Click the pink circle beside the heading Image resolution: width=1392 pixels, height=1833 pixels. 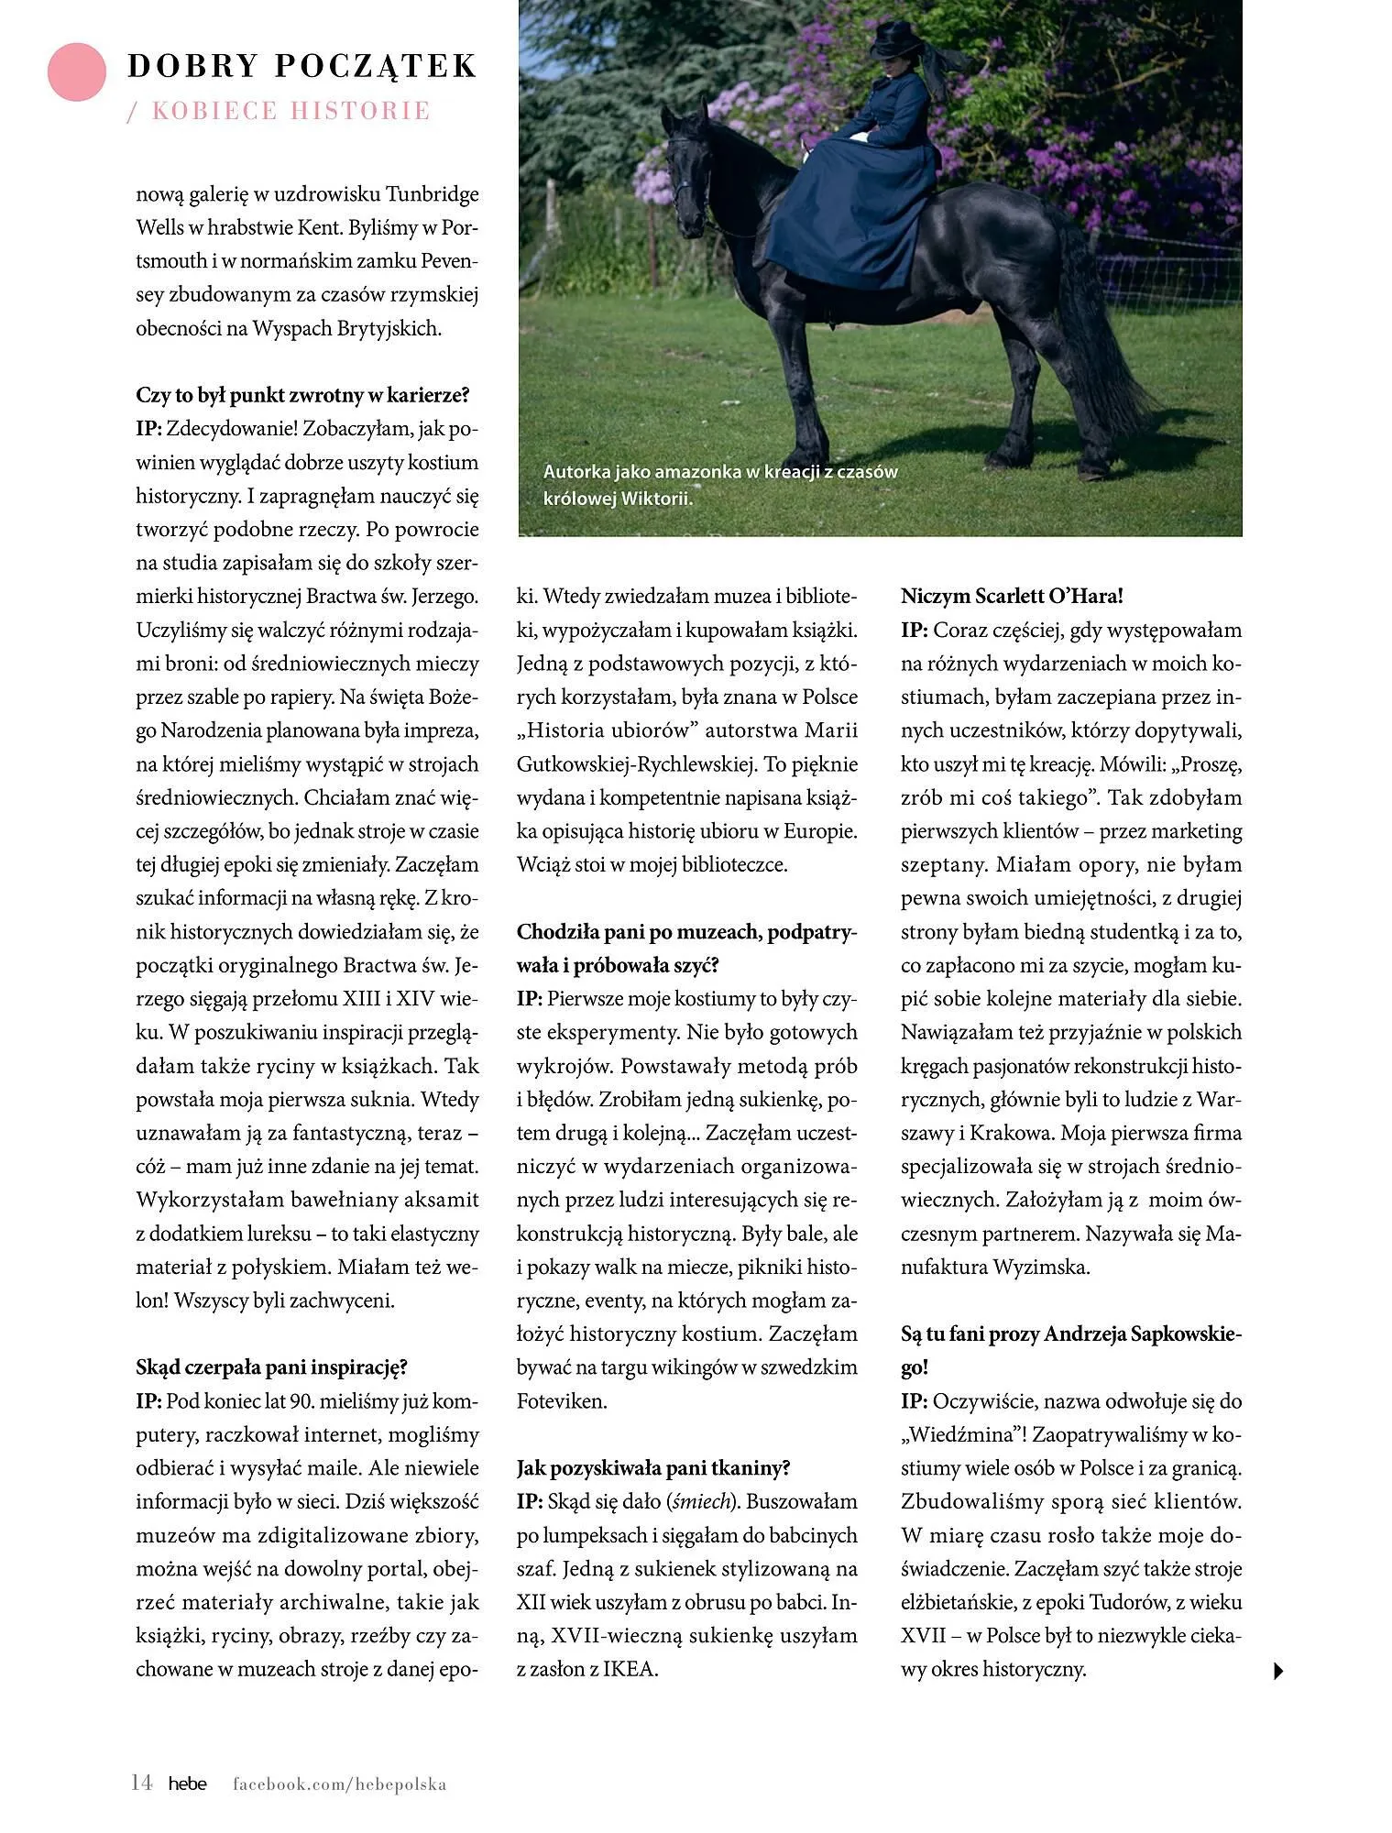click(77, 71)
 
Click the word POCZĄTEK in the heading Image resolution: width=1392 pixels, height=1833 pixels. click(377, 66)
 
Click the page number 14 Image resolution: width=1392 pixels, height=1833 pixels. click(141, 1783)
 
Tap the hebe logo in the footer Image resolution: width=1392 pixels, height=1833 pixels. click(187, 1784)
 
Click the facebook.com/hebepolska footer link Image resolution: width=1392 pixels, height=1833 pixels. click(339, 1784)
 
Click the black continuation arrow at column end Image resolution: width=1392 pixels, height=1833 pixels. click(1279, 1671)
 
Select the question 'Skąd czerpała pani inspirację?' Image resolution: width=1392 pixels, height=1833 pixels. click(271, 1367)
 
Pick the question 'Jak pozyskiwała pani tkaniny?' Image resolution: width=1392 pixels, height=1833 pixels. click(653, 1468)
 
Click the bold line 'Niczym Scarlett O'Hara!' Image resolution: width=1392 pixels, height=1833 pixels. click(1012, 597)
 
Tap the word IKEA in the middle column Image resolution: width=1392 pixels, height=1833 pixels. click(631, 1669)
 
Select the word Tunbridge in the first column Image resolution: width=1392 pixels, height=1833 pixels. click(432, 194)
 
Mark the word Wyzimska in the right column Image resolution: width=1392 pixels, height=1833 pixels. click(1042, 1268)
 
